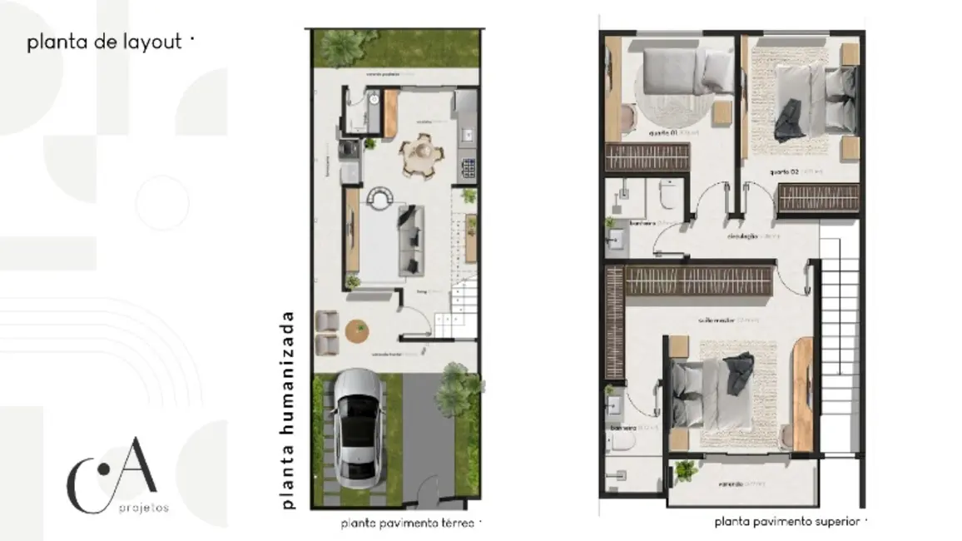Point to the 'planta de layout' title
[x=104, y=42]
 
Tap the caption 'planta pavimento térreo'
[x=407, y=524]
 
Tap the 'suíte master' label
[x=717, y=320]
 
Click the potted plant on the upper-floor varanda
[x=686, y=471]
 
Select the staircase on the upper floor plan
[x=841, y=333]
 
